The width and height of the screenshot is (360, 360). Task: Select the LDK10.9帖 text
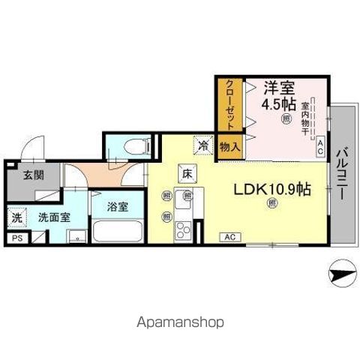[272, 190]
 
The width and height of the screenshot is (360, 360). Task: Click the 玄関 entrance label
[22, 175]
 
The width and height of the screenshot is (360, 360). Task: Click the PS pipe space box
[16, 238]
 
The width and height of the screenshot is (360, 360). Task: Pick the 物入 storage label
[229, 147]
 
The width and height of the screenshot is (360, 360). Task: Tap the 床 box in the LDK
[186, 172]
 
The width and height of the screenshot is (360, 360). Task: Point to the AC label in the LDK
[230, 237]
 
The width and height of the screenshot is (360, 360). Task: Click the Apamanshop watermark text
[180, 322]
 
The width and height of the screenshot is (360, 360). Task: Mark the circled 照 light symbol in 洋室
[286, 118]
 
